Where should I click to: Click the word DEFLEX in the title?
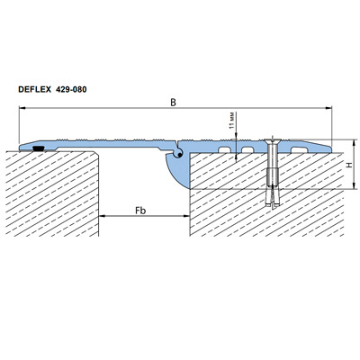point(35,89)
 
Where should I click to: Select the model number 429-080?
point(71,89)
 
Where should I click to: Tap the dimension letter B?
point(173,103)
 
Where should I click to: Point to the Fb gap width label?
point(140,211)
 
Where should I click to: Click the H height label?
point(348,165)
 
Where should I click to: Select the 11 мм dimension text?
point(231,121)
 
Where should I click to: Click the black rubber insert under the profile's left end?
point(39,148)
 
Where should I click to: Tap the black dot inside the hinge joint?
point(179,155)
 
